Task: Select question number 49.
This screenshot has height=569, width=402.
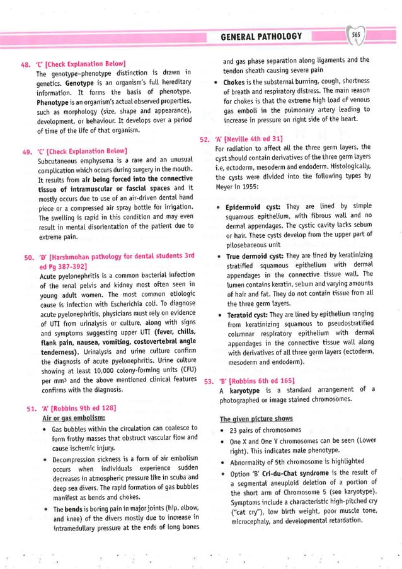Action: coord(26,152)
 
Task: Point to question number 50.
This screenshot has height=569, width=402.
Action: coord(28,257)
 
